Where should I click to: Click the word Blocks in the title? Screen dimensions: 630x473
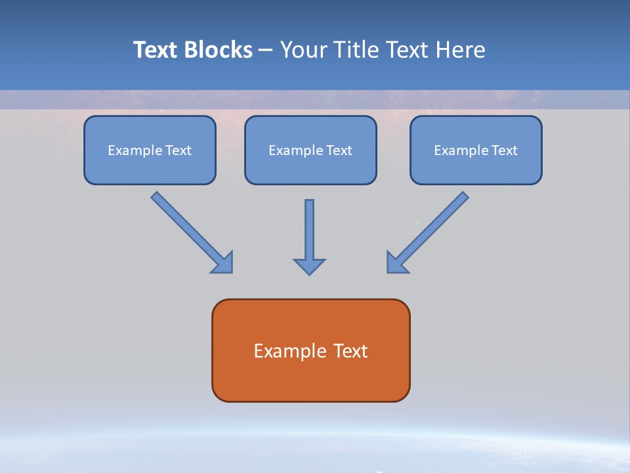tap(218, 50)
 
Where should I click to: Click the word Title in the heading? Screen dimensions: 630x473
tap(356, 50)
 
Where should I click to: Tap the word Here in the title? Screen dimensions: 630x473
tap(461, 50)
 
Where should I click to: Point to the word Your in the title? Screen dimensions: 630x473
tap(304, 50)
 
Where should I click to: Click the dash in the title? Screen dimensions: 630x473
tap(266, 51)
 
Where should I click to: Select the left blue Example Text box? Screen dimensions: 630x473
tap(150, 150)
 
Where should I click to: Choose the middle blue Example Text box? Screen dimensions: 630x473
tap(310, 150)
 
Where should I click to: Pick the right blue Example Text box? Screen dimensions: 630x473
tap(476, 150)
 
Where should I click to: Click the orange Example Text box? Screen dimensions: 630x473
tap(311, 350)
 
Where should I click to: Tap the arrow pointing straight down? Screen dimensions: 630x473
tap(309, 237)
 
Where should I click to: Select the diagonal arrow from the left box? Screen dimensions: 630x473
tap(192, 233)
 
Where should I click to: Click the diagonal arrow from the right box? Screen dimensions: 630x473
tap(427, 233)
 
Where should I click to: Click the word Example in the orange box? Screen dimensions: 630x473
tap(285, 351)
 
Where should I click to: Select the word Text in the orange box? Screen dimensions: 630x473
tap(345, 351)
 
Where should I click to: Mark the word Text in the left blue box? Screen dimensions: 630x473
tap(178, 150)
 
